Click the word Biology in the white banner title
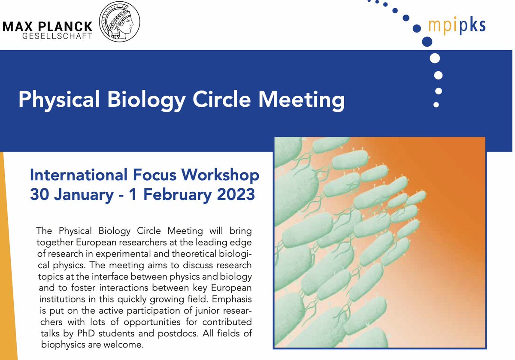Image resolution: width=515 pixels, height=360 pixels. pos(135,100)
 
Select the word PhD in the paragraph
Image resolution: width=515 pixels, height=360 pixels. pos(116,333)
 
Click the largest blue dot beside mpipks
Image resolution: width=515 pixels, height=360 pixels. pos(427,42)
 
